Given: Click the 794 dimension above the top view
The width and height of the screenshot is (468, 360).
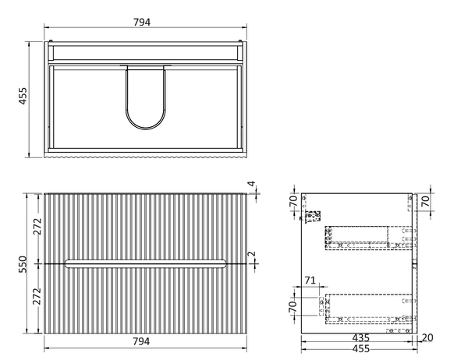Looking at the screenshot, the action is point(142,22).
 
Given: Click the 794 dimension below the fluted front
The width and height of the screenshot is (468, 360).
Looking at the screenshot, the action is point(141,341).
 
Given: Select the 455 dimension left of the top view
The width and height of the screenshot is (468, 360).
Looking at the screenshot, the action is point(23,96).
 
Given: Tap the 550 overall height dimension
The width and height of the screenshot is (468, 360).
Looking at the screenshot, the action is point(23,264).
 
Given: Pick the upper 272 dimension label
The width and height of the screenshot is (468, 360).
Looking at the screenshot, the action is point(37,227).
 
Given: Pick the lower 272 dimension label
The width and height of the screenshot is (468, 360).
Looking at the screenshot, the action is point(37,296).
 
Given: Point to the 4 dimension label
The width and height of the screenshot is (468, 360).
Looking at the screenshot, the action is point(252,183).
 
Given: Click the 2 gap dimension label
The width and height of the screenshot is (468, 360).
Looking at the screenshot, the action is point(252,254).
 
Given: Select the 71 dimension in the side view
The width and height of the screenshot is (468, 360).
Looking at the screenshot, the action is point(310,281).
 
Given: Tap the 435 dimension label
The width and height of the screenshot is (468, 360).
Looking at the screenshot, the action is point(361,337).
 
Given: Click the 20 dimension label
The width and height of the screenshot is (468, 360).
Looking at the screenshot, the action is point(427,337).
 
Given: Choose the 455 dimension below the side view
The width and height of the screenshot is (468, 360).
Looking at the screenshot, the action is point(361,348).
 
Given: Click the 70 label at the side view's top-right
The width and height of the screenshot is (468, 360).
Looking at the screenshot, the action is point(426,201).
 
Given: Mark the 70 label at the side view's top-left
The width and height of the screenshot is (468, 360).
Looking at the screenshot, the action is point(294,201).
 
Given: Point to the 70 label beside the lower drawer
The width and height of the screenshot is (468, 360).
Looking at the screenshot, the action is point(293,306).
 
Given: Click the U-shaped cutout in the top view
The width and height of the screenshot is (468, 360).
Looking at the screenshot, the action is point(146,97).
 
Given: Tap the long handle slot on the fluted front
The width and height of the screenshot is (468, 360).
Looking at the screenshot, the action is point(145,263).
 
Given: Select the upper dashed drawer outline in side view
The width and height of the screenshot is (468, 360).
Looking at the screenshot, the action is point(370,238).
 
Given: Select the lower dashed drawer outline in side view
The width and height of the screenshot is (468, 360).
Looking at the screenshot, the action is point(370,309).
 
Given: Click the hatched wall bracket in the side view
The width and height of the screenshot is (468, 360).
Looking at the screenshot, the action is point(312,216).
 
